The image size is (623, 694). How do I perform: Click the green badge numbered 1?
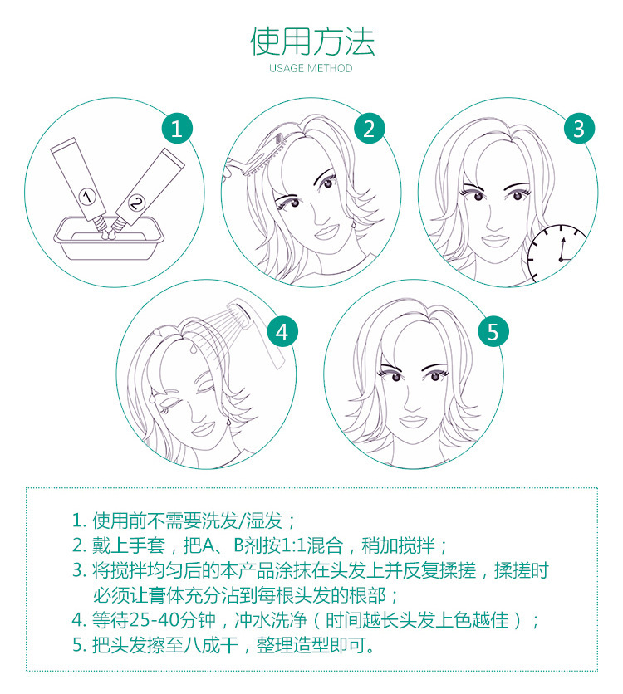coord(176,129)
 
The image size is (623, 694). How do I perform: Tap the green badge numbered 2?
coord(370,129)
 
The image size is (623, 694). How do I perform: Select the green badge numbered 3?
coord(579,129)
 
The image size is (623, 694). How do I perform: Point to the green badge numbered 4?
coord(282,332)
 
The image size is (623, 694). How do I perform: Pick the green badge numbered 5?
coord(493,332)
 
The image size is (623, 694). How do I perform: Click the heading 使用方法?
coord(311,42)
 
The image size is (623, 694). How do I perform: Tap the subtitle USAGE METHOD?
coord(311,68)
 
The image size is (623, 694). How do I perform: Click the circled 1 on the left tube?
coord(86,196)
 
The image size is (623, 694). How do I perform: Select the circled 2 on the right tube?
coord(136,203)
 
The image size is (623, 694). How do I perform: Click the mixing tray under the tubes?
coord(109,238)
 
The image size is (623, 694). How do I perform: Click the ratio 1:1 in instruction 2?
coord(293,546)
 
